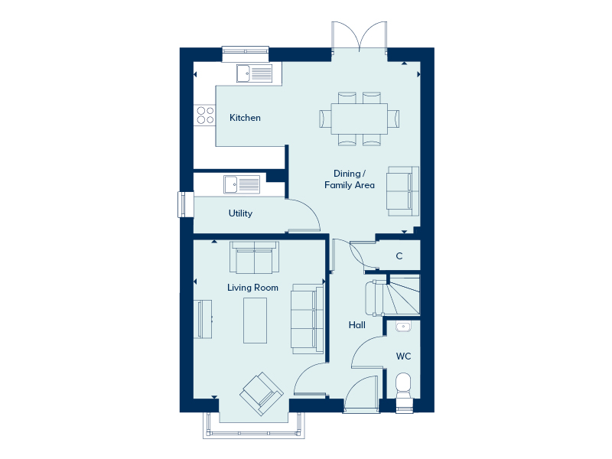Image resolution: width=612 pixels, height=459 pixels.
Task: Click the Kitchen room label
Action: coord(245,118)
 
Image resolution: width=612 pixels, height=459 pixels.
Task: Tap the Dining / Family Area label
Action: coord(350,179)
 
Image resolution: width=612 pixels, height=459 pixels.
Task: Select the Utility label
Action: coord(240,213)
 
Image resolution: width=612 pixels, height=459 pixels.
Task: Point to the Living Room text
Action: coord(252,288)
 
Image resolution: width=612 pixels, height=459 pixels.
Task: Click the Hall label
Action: coord(356,324)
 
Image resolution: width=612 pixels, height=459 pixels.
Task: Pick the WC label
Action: coord(403,356)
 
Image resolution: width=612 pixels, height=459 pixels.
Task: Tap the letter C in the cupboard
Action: coord(399,256)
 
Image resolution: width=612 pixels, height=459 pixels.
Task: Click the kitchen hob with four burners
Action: coord(205,116)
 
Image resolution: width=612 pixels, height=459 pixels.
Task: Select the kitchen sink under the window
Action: coord(254,73)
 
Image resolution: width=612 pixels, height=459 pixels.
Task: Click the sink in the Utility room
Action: coord(242,184)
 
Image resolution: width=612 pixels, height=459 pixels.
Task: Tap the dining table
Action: coord(359,119)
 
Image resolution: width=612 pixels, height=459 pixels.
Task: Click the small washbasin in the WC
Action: coord(403,327)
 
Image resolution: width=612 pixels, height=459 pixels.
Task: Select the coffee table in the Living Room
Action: coord(256,321)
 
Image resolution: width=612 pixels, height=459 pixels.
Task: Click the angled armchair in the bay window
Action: coord(261,393)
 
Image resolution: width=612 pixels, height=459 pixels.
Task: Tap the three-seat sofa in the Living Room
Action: coord(308,319)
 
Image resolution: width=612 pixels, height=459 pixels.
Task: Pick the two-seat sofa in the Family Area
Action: coord(403,191)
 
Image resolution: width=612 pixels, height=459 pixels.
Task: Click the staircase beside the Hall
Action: coord(403,295)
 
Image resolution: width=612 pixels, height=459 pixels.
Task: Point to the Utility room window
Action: coord(186,204)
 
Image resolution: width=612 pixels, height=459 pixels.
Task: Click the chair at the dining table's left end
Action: coord(325,119)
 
